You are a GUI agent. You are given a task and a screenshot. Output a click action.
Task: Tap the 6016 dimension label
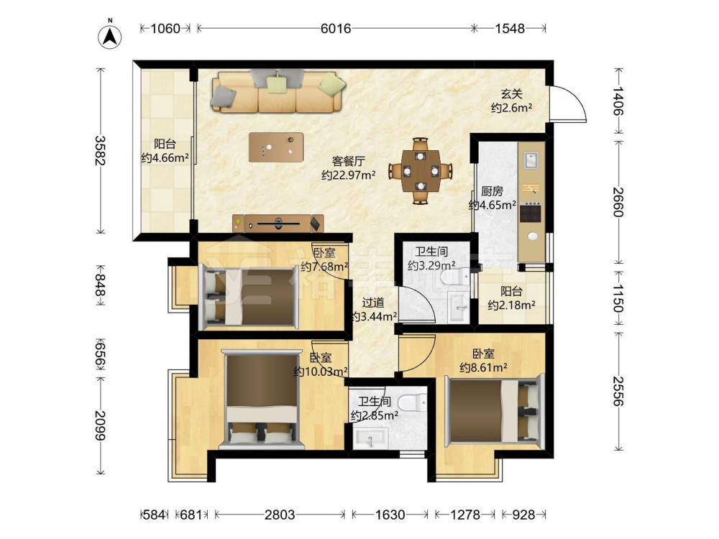336,29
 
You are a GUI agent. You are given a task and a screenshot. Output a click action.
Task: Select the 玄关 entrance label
511,94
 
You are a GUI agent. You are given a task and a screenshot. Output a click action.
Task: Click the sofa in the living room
278,91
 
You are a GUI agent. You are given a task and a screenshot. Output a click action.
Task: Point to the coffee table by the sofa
276,147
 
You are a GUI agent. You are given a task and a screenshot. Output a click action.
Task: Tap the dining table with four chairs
421,170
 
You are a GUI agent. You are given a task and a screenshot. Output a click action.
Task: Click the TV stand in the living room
278,224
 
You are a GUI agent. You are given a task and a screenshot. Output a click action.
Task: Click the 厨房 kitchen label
492,190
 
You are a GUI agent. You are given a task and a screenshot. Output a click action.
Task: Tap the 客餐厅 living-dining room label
349,161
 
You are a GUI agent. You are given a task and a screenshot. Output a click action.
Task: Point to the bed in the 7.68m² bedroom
249,297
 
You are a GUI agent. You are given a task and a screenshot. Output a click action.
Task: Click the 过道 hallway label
372,303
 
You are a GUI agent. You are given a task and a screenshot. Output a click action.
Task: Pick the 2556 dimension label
618,391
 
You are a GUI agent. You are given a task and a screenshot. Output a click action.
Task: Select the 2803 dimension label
280,515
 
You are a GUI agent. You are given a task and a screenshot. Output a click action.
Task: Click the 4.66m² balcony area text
165,159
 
